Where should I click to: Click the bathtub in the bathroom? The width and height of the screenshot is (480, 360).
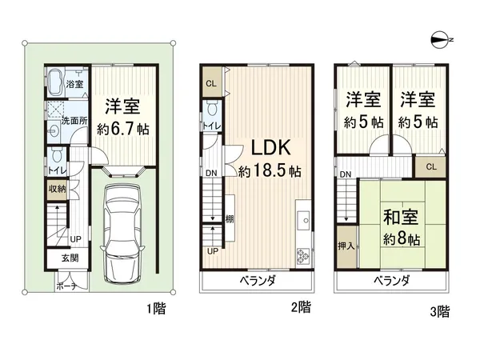pyautogui.click(x=57, y=83)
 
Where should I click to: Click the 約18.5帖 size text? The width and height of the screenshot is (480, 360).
pyautogui.click(x=270, y=171)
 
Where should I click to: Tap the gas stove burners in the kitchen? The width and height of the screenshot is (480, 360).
pyautogui.click(x=305, y=256)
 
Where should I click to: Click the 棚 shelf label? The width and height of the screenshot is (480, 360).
pyautogui.click(x=229, y=219)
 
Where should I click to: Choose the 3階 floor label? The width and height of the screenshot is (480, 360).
pyautogui.click(x=439, y=310)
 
